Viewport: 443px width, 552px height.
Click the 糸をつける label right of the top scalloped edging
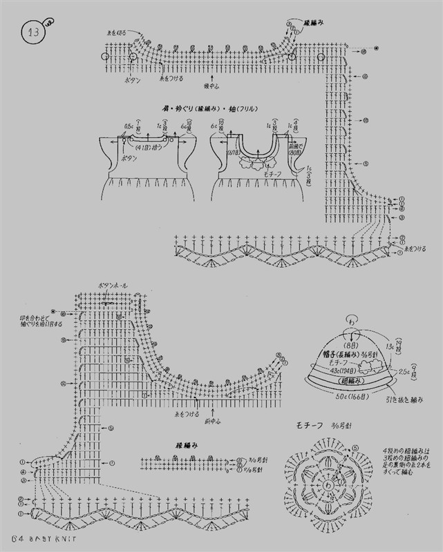tap(416, 248)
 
